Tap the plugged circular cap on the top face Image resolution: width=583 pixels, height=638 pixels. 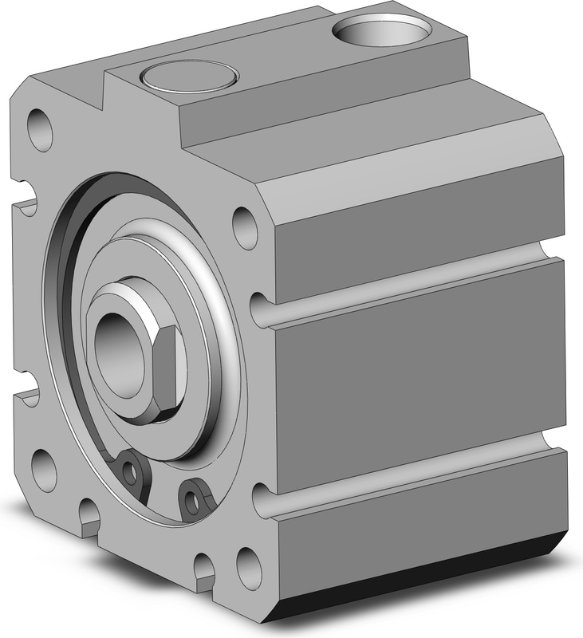coord(188,77)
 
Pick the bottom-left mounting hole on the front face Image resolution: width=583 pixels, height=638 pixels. coord(44,471)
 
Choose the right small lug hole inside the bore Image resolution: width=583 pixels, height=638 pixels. coord(191,501)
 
